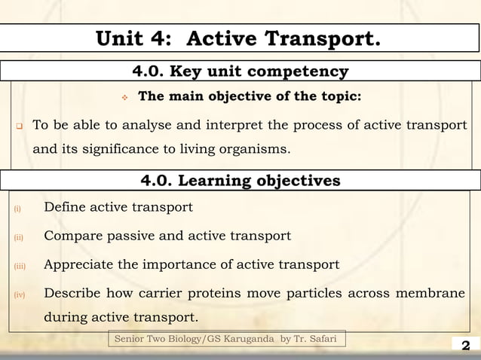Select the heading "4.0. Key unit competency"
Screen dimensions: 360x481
(x=240, y=72)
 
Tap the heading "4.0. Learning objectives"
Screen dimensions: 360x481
(x=240, y=181)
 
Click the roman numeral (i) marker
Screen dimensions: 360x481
(x=16, y=209)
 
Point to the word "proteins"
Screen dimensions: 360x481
(x=249, y=294)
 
